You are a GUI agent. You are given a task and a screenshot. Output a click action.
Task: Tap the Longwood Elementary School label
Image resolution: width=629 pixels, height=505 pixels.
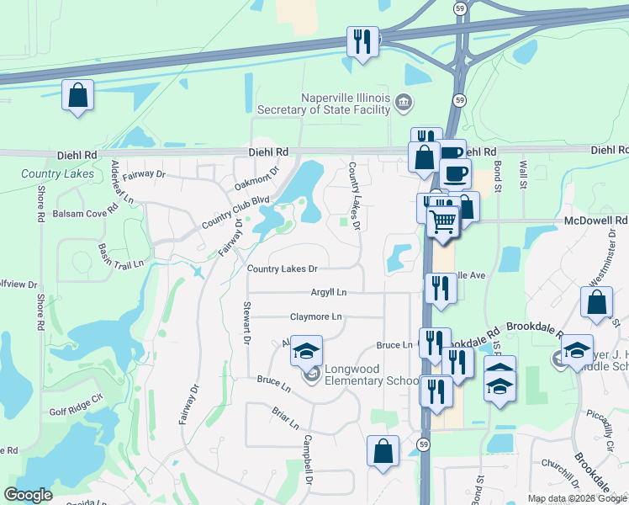[x=366, y=375]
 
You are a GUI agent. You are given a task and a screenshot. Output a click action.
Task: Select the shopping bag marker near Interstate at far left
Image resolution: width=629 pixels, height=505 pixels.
[x=78, y=97]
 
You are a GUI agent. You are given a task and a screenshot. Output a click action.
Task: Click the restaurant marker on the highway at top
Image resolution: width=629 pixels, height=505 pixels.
[x=362, y=42]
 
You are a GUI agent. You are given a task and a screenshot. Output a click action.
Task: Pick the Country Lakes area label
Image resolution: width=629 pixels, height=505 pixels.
[x=58, y=174]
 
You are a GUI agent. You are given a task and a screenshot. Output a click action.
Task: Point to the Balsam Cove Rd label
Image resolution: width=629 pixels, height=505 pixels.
[x=82, y=214]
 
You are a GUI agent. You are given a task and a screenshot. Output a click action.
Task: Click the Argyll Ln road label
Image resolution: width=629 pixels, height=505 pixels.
[x=330, y=292]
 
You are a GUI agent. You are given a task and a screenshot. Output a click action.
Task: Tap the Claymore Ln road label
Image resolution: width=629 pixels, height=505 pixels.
[x=316, y=317]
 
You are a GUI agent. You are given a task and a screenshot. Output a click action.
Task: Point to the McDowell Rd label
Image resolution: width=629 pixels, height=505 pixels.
[x=608, y=221]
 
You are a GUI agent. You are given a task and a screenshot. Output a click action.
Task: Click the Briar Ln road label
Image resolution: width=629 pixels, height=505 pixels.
[x=286, y=418]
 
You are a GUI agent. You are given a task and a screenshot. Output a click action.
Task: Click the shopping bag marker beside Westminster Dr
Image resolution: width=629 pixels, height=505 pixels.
[x=596, y=304]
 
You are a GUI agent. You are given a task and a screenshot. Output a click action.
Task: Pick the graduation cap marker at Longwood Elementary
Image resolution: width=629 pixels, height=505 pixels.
[x=307, y=351]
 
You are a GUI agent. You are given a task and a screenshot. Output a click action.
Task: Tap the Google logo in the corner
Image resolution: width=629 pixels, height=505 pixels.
[x=29, y=495]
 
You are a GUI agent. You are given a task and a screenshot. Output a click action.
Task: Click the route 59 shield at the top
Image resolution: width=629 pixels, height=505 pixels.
[x=459, y=8]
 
